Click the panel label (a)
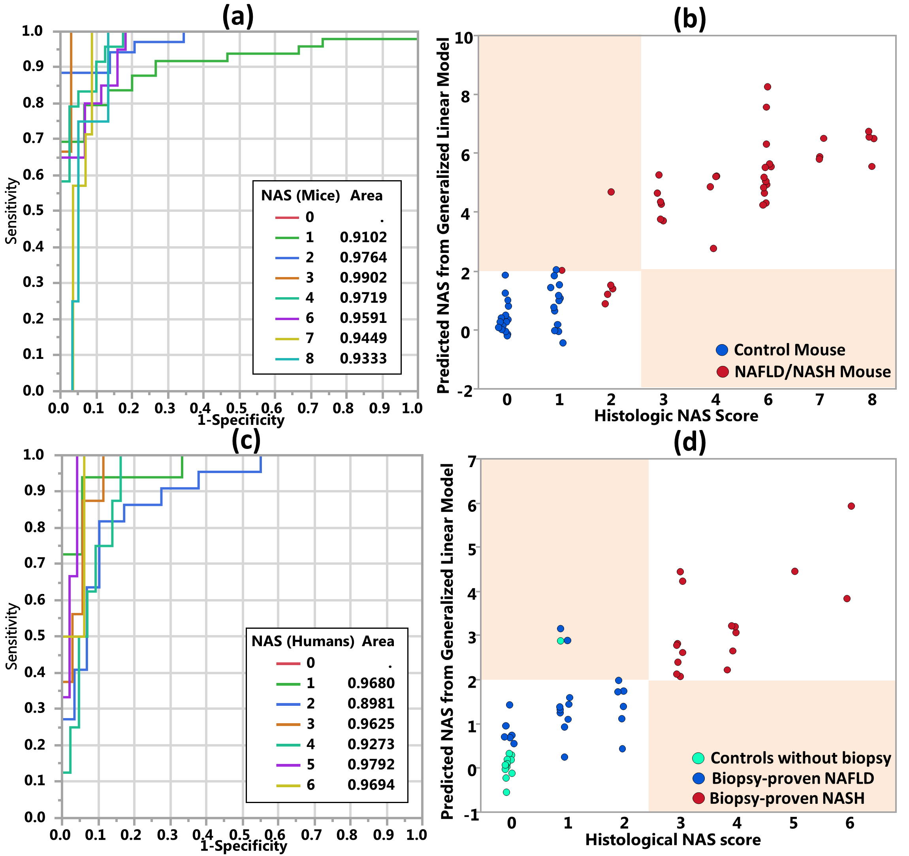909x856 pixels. [237, 17]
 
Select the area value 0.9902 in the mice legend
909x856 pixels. [363, 277]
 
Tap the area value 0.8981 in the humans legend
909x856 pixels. [371, 703]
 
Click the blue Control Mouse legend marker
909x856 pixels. [721, 350]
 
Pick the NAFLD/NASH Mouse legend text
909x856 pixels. [813, 371]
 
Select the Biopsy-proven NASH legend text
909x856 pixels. [787, 798]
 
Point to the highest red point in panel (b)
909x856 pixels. [767, 87]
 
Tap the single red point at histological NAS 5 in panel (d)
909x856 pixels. [795, 571]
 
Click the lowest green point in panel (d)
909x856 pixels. [506, 792]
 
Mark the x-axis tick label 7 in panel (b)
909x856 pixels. [820, 400]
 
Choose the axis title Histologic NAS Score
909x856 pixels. [676, 415]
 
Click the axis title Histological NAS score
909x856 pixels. [673, 839]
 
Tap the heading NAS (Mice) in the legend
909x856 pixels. [300, 196]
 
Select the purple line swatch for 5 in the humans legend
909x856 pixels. [288, 764]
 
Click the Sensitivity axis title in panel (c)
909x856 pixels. [12, 636]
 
